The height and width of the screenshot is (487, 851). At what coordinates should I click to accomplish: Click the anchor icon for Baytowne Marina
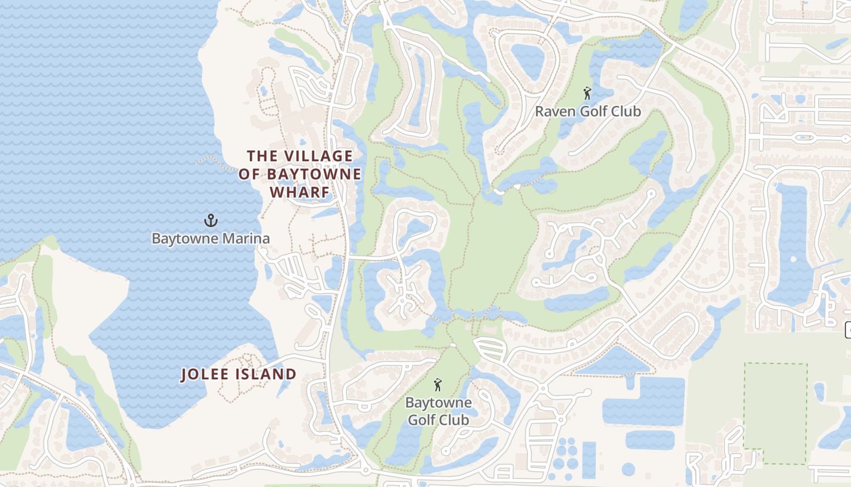coord(210,220)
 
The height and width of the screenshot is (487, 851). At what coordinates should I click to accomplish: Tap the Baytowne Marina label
coord(210,238)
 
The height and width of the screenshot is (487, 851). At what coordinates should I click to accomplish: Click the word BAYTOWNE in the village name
coord(320,175)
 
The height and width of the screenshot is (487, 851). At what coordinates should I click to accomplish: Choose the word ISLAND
coord(268,374)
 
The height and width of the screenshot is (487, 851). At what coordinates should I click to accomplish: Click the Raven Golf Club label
coord(588,111)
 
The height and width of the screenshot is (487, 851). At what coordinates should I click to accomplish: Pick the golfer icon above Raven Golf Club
coord(587,93)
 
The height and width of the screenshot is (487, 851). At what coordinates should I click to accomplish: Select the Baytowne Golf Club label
coord(438,412)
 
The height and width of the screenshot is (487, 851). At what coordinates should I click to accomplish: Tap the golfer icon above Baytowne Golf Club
coord(438,385)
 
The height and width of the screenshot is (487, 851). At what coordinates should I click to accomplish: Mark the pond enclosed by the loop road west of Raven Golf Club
coord(527,61)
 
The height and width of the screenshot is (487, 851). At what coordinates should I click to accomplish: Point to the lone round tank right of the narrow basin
coord(629,469)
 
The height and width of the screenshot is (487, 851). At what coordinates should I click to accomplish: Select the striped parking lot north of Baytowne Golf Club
coord(490,349)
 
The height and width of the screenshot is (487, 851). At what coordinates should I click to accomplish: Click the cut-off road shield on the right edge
coord(848,330)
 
